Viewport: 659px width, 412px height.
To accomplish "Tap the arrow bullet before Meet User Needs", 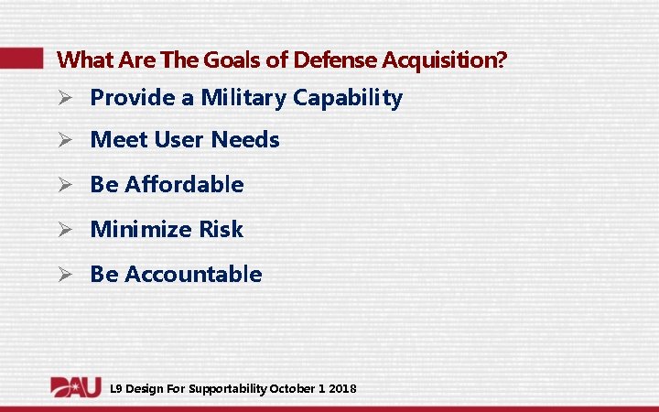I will tap(65, 141).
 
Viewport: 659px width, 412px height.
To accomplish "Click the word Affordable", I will tap(184, 184).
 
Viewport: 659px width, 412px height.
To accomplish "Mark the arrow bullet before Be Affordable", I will tap(65, 185).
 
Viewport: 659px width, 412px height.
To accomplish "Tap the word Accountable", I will tap(193, 274).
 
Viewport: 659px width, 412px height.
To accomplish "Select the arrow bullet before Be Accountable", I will tap(65, 275).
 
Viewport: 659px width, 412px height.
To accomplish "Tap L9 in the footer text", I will tap(115, 389).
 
